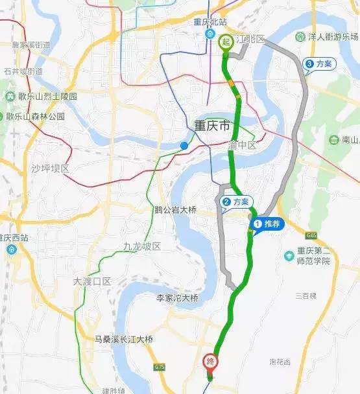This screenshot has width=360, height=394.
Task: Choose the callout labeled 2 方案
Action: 235,202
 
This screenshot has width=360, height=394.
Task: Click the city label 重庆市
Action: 212,126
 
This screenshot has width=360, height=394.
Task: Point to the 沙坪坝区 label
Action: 50,168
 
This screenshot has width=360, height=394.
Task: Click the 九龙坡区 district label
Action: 141,246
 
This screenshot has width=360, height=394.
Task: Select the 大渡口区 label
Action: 93,282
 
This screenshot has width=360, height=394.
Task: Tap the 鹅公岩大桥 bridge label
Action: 175,209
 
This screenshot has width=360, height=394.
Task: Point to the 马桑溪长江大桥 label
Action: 123,339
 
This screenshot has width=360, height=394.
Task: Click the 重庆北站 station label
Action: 210,21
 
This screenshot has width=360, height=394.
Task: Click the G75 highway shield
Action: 160,367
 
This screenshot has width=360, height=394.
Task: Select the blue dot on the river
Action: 184,146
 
